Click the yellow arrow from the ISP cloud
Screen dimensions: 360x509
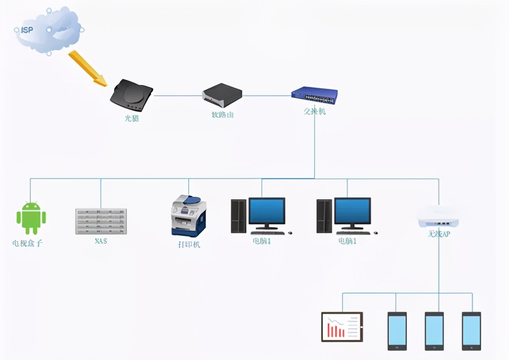coord(87,68)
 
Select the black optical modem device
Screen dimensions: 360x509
coord(131,95)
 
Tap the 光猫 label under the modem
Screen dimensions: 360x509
coord(132,119)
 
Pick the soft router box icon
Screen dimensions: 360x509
coord(222,94)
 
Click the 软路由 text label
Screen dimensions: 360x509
coord(222,114)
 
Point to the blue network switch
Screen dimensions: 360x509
coord(314,95)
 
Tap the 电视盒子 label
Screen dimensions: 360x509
coord(27,243)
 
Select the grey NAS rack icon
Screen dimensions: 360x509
coord(101,221)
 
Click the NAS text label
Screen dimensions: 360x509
coord(101,241)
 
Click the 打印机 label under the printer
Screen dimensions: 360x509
coord(189,244)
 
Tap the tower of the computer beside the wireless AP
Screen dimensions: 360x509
coord(324,216)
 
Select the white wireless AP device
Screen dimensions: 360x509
coord(437,217)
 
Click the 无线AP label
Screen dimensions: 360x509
coord(438,235)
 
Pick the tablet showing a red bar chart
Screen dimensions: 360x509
coord(342,326)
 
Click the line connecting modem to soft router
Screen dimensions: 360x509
coord(177,95)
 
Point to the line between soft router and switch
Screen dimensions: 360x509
coord(267,95)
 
